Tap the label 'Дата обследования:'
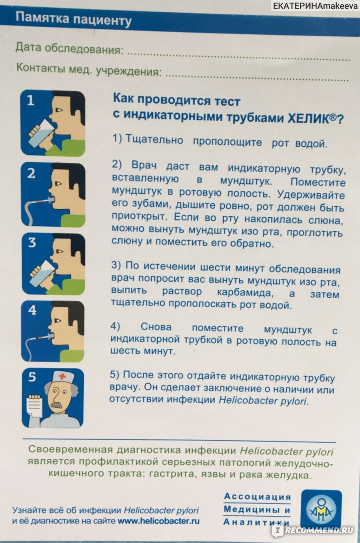tap(69, 48)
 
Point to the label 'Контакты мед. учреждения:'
tap(89, 69)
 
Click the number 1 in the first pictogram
tap(30, 100)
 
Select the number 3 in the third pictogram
tap(32, 243)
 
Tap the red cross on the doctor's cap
tap(62, 376)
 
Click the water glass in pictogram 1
tap(42, 134)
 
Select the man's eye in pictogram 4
tap(58, 320)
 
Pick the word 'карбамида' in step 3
tap(245, 292)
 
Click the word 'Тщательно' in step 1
tap(154, 140)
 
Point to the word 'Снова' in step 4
tap(156, 327)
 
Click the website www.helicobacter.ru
tap(158, 521)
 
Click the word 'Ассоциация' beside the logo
tap(257, 496)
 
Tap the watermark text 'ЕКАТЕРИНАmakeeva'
tap(315, 6)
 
